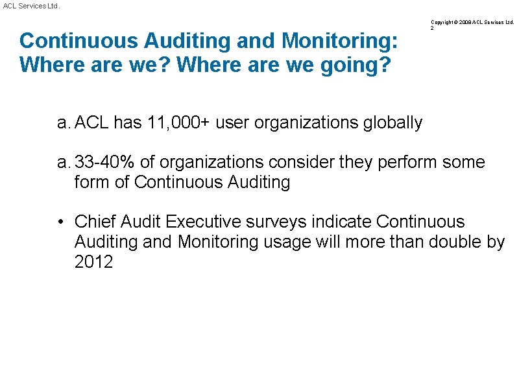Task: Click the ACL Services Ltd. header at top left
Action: tap(30, 5)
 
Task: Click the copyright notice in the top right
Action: tap(472, 22)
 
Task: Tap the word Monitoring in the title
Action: tap(340, 41)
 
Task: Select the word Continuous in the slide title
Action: tap(78, 41)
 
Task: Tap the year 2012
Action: tap(93, 262)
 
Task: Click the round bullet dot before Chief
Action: tap(60, 222)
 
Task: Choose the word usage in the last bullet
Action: tap(287, 242)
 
